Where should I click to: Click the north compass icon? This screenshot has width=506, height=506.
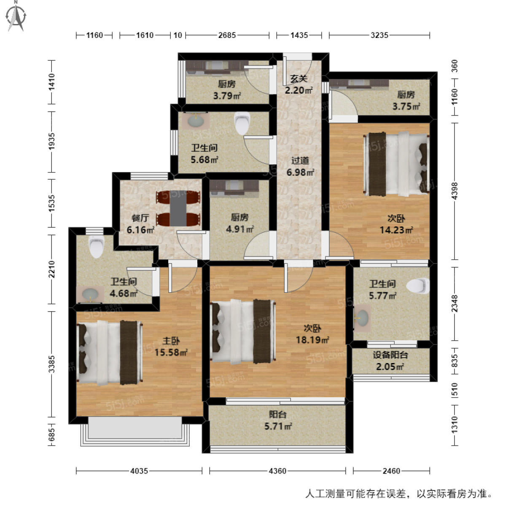click(x=16, y=16)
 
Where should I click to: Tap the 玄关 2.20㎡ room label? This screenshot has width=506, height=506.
click(x=299, y=84)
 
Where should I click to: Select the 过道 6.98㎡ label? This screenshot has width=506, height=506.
click(x=300, y=167)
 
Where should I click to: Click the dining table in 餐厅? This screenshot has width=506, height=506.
click(x=178, y=208)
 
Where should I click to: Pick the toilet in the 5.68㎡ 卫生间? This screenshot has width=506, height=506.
click(x=242, y=123)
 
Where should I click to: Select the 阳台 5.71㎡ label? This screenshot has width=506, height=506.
click(x=278, y=420)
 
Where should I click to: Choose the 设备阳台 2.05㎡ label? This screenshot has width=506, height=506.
click(x=390, y=361)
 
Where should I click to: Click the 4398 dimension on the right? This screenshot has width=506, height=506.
click(x=454, y=191)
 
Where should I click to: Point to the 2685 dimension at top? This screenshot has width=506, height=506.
click(x=227, y=35)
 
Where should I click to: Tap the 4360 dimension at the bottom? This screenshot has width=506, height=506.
click(x=277, y=471)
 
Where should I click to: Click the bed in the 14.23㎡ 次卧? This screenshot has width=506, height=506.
click(x=396, y=164)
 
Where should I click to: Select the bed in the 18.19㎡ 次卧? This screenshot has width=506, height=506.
click(x=242, y=331)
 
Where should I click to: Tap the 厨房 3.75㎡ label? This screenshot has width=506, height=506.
click(x=406, y=101)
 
